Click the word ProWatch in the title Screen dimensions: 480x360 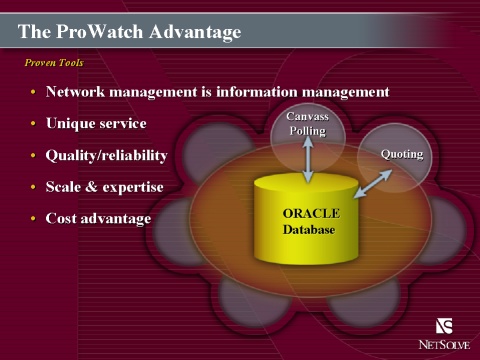click(x=100, y=32)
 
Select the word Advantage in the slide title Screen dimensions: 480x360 click(x=195, y=33)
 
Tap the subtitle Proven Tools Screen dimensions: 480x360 click(x=54, y=63)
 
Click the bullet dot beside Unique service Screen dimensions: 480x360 click(x=33, y=124)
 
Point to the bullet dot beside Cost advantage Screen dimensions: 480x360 click(x=33, y=219)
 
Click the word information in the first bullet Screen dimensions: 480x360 click(x=256, y=92)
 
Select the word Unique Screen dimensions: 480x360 click(x=70, y=124)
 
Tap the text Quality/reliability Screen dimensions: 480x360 click(x=106, y=156)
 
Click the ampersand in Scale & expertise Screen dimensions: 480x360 click(x=91, y=187)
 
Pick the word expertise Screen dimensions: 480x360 click(x=133, y=188)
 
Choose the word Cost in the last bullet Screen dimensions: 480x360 click(x=61, y=218)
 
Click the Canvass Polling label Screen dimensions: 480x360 click(x=307, y=124)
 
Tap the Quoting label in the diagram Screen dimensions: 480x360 click(x=402, y=154)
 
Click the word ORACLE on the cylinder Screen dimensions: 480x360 click(x=311, y=213)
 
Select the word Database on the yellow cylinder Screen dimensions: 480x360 click(x=309, y=230)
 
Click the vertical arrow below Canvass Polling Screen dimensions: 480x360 click(x=308, y=159)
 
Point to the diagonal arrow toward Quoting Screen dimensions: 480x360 click(x=373, y=184)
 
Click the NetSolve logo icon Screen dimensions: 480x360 click(x=444, y=326)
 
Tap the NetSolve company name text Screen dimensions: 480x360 click(x=444, y=344)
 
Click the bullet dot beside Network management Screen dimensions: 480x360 click(x=33, y=92)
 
